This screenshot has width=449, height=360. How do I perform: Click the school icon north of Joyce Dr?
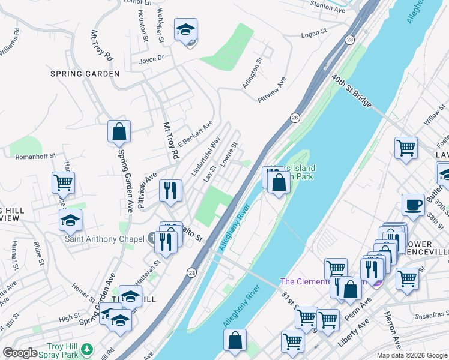click(x=186, y=29)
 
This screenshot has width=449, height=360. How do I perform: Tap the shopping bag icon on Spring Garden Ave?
click(x=119, y=132)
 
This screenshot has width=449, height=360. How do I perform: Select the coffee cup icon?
click(x=412, y=204)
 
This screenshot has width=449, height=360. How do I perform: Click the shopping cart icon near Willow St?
click(x=406, y=148)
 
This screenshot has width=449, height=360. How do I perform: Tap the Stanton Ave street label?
click(x=328, y=7)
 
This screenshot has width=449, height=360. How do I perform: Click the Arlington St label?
click(x=253, y=73)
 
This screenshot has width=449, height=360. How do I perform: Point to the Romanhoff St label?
click(x=36, y=155)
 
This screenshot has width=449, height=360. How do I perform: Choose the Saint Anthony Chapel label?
click(x=104, y=238)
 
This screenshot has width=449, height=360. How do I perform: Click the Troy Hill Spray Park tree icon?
click(x=88, y=348)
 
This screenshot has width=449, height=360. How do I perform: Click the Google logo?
click(x=20, y=353)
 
